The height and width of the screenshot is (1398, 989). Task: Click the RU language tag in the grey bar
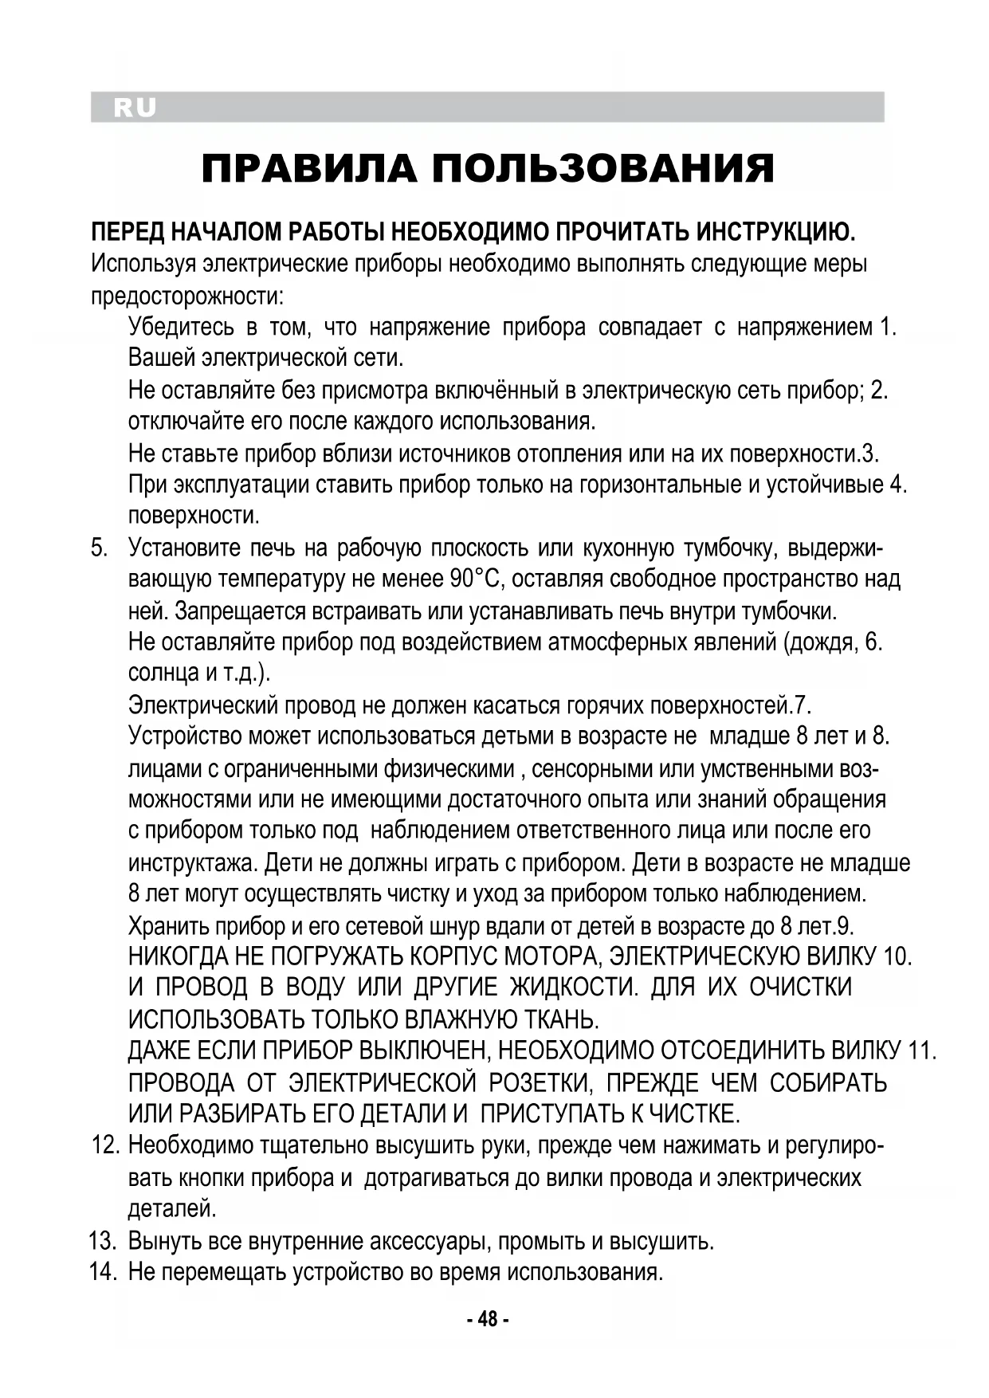[135, 108]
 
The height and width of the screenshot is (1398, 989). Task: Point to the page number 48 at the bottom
[487, 1320]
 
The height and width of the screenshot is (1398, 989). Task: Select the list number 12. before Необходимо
[105, 1146]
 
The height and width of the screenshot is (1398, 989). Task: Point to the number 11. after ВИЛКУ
[922, 1051]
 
